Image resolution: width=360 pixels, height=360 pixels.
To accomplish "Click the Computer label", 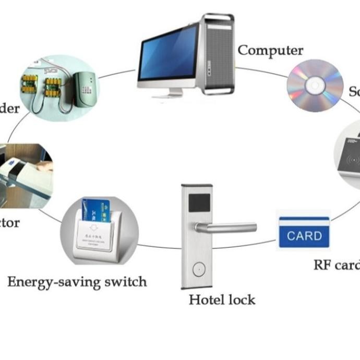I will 270,51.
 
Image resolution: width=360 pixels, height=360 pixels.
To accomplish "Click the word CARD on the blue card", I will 304,236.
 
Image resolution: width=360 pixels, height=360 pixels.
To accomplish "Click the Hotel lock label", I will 222,300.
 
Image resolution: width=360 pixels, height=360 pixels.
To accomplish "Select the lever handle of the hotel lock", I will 227,227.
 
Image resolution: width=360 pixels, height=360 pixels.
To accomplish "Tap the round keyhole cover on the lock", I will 198,269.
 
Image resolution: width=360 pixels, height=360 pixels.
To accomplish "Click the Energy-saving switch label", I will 77,282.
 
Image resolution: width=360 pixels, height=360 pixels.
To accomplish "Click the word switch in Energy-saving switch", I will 125,282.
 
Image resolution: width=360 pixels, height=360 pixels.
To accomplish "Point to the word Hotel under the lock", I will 205,300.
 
